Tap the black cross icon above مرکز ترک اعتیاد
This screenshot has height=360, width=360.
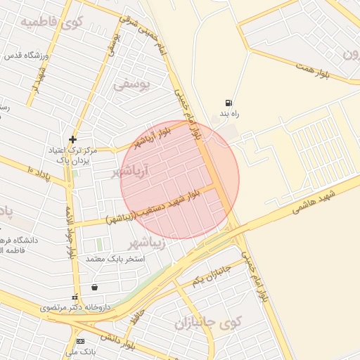73,140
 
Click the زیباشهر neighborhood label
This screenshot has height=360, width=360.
147,243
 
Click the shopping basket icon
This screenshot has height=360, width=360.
94,287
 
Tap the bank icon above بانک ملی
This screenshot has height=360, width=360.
80,341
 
